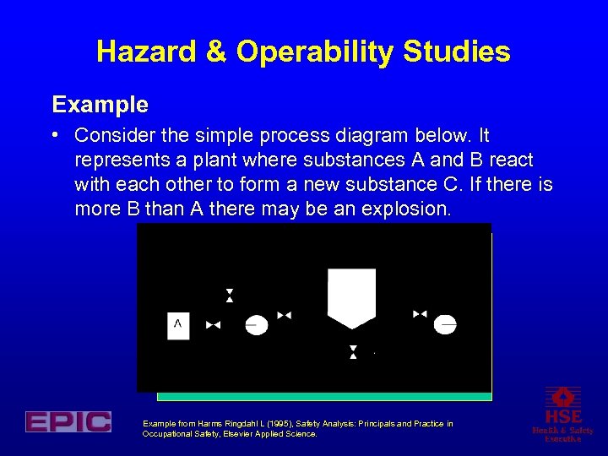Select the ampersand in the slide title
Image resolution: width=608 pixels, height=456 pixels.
pos(217,52)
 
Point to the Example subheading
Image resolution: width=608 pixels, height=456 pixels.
pos(100,105)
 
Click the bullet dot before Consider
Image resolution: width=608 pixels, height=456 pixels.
pos(55,135)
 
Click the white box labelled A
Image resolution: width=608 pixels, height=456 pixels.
pos(178,324)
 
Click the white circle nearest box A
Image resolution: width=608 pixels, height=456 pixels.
pos(256,324)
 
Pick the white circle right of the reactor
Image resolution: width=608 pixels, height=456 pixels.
pos(445,324)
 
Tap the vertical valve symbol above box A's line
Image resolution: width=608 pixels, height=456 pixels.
pos(230,295)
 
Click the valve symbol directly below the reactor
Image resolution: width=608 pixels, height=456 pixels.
pos(353,351)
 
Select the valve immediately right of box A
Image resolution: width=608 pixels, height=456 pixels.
pos(213,324)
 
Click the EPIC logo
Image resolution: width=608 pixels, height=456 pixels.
pos(68,421)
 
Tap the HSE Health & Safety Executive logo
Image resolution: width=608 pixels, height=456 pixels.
pos(562,414)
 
